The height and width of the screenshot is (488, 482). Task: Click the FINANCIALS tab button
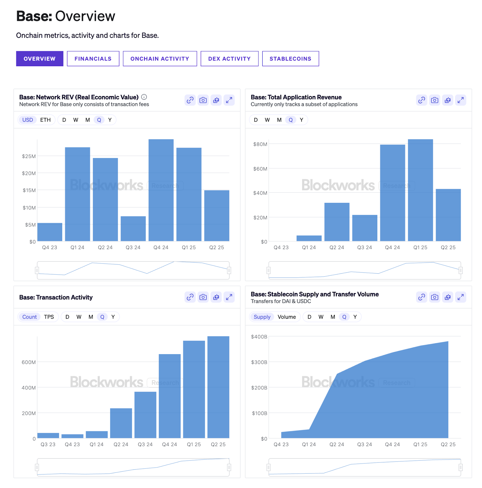point(93,59)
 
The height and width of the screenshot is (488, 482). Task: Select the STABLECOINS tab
point(290,59)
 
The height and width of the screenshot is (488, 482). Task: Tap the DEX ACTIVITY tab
point(229,59)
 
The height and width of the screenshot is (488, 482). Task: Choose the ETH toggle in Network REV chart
point(45,120)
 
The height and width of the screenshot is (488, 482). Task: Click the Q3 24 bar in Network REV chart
point(133,229)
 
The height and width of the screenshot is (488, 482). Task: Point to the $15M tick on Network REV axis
point(29,190)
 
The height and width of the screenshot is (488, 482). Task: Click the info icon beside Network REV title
point(144,97)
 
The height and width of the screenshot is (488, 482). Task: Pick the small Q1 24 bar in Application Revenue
point(309,238)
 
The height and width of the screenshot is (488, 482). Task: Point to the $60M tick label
point(260,169)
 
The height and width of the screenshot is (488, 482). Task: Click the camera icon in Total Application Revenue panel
point(434,100)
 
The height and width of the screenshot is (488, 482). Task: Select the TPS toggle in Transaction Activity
point(49,317)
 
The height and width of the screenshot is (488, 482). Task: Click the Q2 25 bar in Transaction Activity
point(218,387)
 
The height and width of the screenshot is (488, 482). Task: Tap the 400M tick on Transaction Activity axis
point(28,388)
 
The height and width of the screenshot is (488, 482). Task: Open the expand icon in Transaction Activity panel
point(229,297)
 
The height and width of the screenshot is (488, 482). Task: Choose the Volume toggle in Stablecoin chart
point(286,317)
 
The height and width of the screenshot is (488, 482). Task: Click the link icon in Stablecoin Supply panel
point(421,297)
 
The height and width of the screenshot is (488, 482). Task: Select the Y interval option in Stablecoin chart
point(355,317)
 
